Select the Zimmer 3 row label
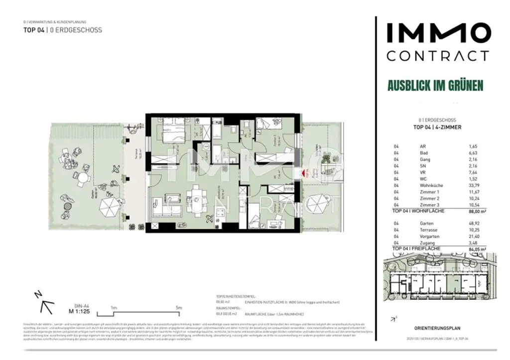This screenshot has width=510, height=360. point(429,204)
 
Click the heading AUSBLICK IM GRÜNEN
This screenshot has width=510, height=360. point(435,86)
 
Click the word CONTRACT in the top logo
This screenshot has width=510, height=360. point(437,55)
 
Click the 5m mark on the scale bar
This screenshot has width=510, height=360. point(178,307)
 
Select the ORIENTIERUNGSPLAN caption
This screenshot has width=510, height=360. point(437,328)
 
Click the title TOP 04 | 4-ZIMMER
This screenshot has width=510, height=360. point(437,127)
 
